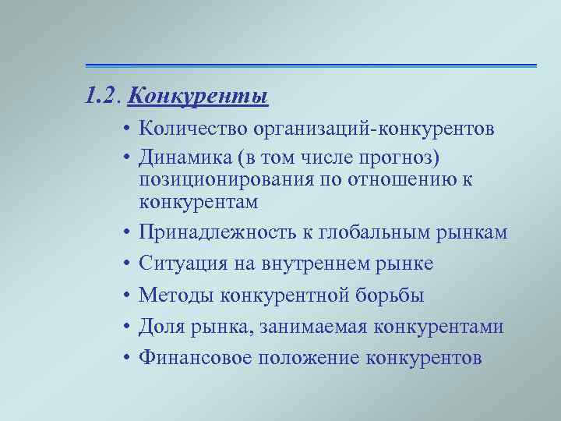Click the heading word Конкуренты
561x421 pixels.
pos(198,97)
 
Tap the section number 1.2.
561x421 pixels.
pos(103,97)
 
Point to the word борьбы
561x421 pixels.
pos(398,295)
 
